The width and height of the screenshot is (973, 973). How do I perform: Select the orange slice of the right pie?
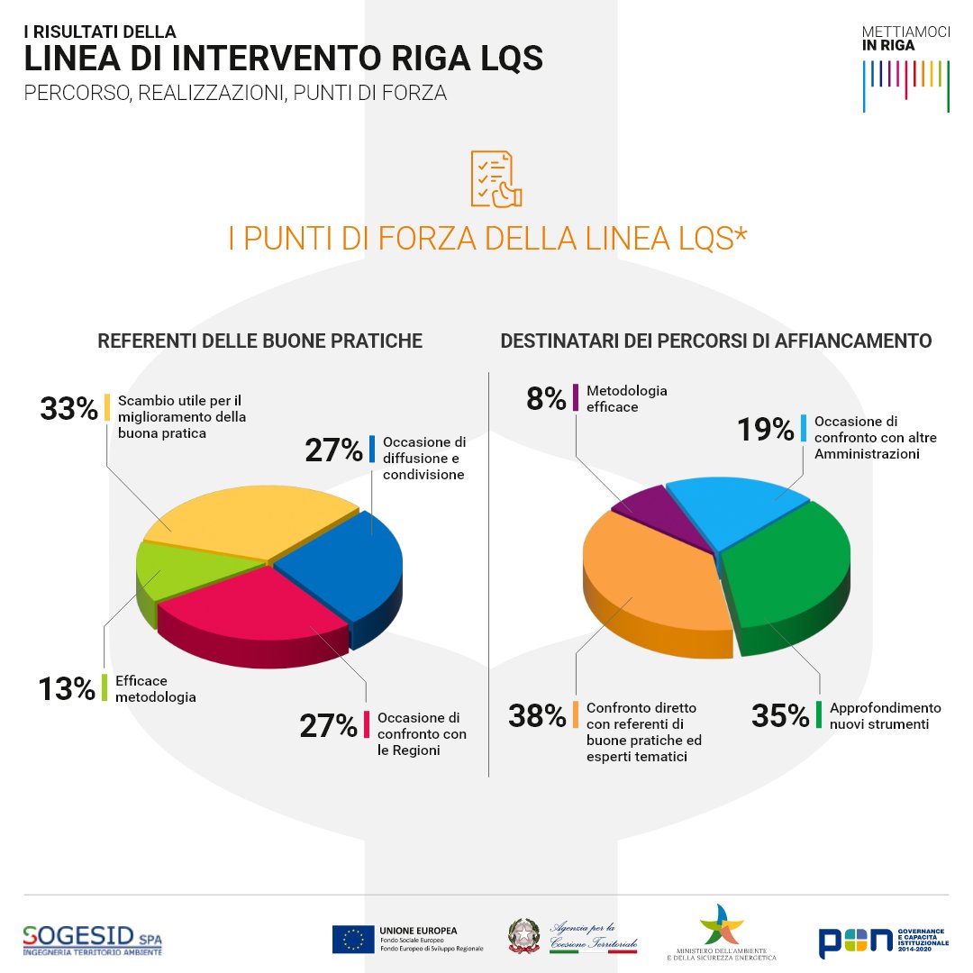pos(649,577)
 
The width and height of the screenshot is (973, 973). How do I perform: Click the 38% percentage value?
pos(537,716)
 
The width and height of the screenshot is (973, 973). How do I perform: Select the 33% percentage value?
pos(68,409)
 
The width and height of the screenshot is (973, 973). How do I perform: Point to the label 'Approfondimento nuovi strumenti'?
pos(885,715)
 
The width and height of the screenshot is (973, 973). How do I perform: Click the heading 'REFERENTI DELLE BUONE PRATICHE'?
pos(259,341)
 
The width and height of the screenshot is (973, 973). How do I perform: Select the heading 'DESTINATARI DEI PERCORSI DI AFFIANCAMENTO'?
pos(715,341)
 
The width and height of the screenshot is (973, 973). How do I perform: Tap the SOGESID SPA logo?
pos(94,939)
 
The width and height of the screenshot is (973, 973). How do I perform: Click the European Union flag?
pos(353,939)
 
